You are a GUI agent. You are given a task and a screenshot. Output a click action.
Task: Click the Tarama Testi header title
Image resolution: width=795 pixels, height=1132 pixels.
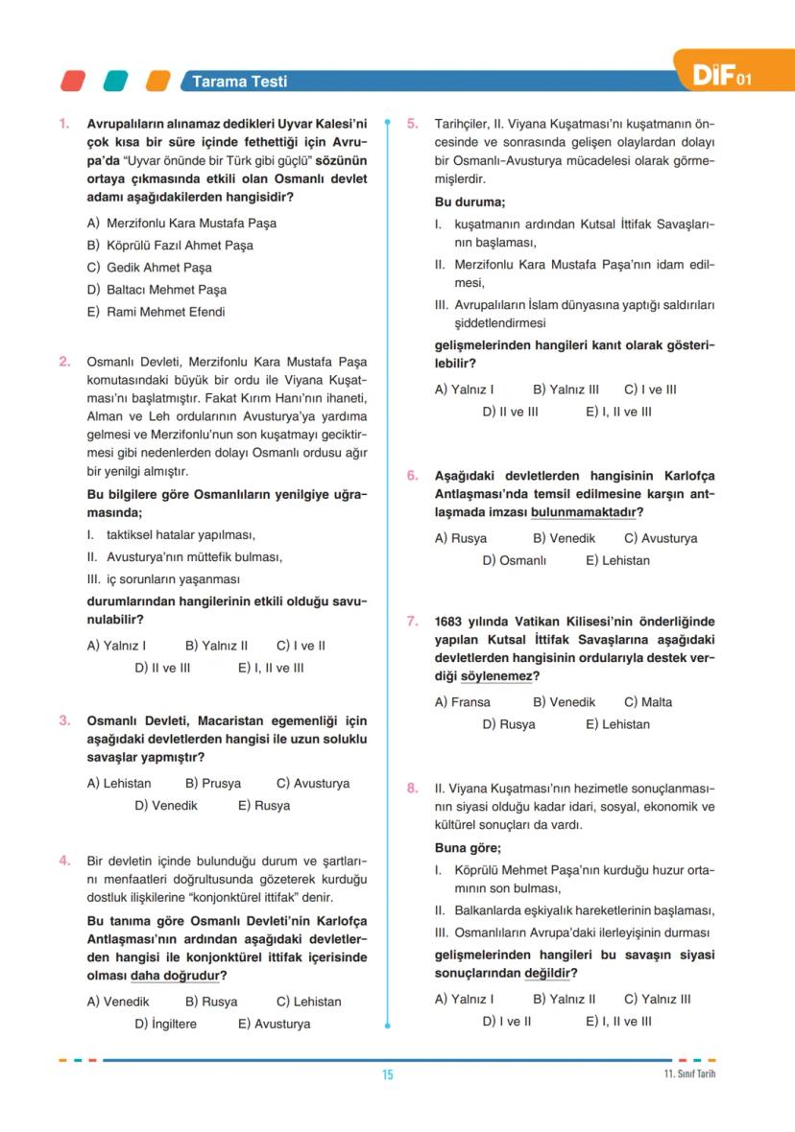point(239,82)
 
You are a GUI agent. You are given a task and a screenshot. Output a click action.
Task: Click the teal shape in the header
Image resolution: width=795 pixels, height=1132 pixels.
point(115,81)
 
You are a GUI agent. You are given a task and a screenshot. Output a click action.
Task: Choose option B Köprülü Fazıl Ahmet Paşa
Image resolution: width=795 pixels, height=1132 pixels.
point(170,246)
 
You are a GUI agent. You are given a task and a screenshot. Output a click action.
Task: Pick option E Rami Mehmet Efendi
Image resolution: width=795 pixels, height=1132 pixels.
point(156,312)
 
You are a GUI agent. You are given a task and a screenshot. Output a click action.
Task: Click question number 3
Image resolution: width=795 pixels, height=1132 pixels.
point(63,720)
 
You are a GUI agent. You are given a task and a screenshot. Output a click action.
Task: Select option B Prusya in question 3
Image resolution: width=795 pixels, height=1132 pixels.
point(212,784)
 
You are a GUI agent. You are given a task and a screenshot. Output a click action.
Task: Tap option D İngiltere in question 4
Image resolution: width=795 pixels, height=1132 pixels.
point(165,1024)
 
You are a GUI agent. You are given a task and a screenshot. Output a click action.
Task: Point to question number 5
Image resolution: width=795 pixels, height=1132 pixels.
point(412,124)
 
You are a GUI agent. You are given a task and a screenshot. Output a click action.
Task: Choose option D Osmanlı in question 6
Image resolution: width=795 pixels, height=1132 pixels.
point(514,560)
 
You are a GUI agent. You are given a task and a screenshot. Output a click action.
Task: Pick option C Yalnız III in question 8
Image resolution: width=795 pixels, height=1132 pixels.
point(657,999)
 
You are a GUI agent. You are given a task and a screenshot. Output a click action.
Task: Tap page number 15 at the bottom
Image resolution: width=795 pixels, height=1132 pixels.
point(387,1074)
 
